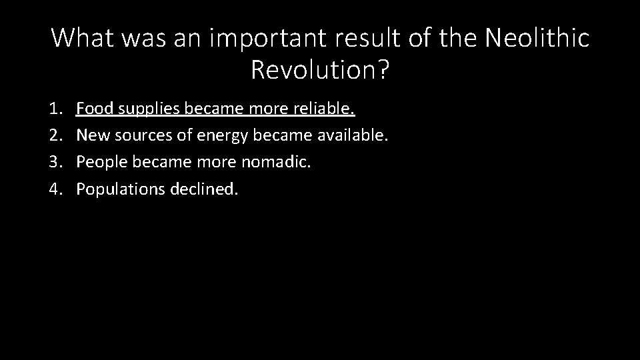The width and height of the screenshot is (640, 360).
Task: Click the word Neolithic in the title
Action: coord(537,39)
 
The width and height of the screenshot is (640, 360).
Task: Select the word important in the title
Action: coord(250,39)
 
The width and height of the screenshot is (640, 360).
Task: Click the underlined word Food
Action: coord(93,108)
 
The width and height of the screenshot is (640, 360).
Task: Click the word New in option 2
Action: coord(92,135)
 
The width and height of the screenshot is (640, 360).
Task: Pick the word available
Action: coord(352,135)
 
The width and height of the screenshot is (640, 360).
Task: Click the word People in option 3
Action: coord(98,163)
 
